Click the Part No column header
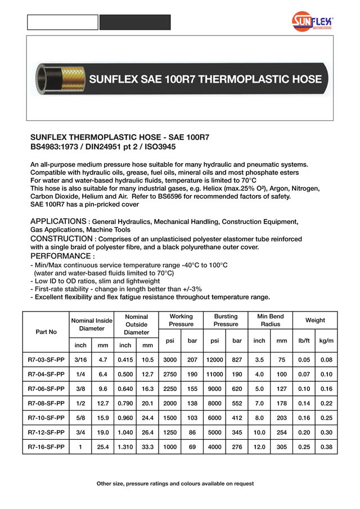(46, 332)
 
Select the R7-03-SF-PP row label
(46, 359)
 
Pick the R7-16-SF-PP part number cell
(46, 447)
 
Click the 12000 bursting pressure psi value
(214, 359)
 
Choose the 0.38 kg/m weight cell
(326, 447)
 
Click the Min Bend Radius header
(270, 321)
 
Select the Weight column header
(315, 321)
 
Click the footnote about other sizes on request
(175, 484)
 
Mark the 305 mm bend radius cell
(281, 447)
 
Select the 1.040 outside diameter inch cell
(125, 433)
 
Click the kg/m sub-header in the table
(326, 341)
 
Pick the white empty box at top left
(63, 22)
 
